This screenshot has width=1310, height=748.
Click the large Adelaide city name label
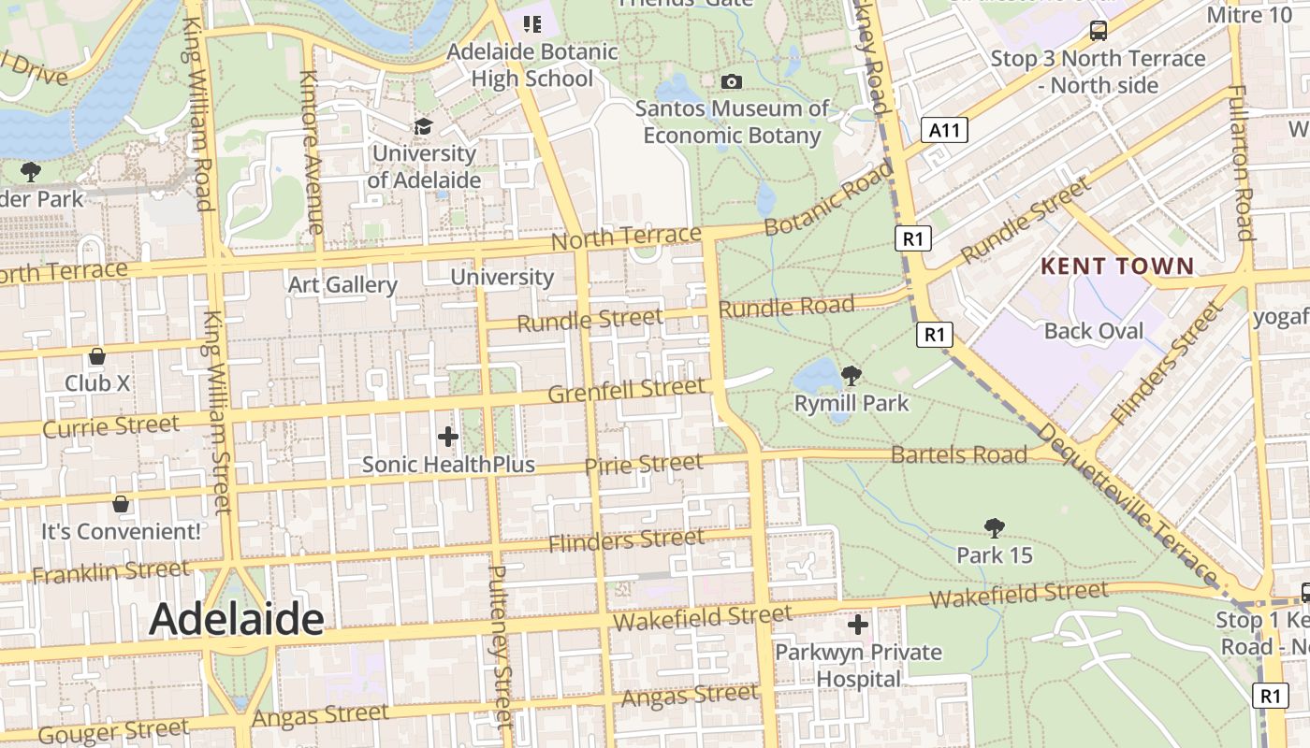click(237, 619)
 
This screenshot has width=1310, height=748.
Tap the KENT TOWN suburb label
click(1117, 266)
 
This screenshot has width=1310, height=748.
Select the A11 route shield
click(944, 130)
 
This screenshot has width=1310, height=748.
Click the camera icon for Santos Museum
click(732, 82)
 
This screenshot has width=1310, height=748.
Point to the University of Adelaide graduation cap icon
click(424, 125)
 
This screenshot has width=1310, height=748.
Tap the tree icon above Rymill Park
click(851, 376)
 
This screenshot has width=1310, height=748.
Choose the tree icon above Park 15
click(994, 528)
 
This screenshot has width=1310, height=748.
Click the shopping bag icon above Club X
click(96, 356)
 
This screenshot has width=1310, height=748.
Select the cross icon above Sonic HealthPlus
click(448, 436)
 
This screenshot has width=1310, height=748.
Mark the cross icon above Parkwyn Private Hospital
click(857, 625)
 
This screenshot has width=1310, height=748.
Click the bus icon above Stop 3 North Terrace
click(1099, 31)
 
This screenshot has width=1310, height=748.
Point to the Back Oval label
click(1094, 331)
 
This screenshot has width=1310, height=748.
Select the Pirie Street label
click(643, 465)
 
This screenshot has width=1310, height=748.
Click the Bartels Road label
click(959, 455)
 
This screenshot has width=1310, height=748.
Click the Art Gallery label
click(342, 284)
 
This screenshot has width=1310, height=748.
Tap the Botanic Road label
click(828, 199)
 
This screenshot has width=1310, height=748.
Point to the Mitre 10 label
click(1251, 15)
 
